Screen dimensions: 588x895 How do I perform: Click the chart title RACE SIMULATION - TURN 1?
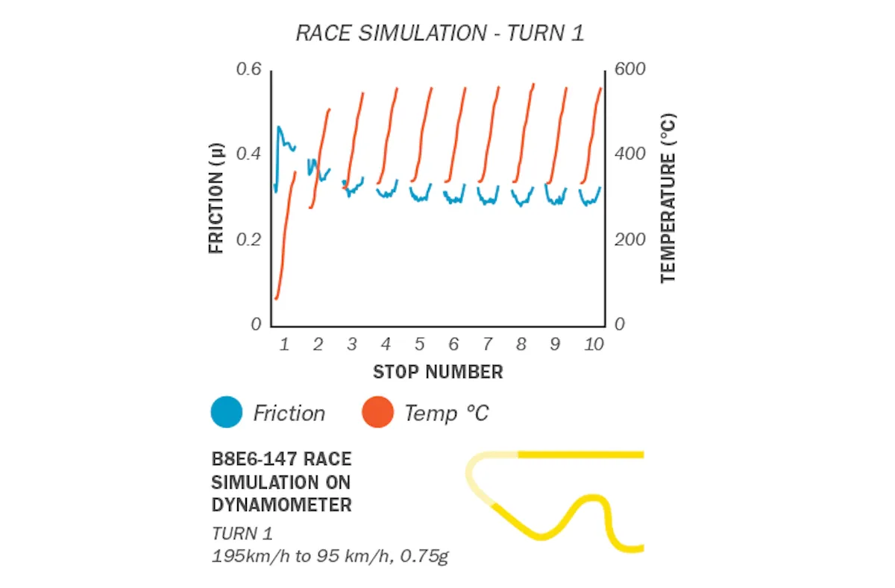coord(439,34)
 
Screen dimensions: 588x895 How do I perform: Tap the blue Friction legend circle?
coord(227,412)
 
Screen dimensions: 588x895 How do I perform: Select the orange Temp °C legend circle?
coord(377,412)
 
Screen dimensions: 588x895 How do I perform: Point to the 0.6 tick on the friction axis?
coord(249,70)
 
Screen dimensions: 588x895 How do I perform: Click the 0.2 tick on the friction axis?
coord(249,240)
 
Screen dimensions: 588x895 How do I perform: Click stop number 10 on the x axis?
coord(594,344)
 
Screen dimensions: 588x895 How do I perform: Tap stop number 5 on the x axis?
coord(419,344)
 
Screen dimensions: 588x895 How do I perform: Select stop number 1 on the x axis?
coord(284,344)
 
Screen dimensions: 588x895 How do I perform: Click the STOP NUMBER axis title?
coord(438,371)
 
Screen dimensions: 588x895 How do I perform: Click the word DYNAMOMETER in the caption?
coord(281,505)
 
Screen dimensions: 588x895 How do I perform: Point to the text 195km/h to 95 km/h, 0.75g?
coord(330,556)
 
